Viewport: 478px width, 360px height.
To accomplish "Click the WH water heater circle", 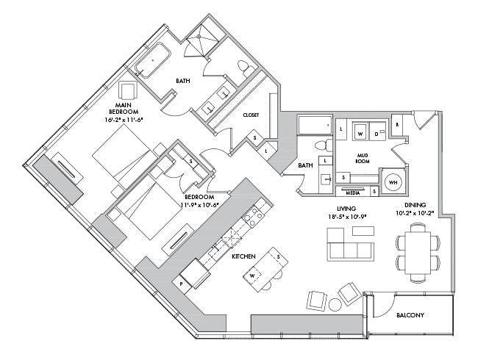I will point(392,181).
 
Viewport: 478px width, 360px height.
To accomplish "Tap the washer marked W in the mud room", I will point(360,133).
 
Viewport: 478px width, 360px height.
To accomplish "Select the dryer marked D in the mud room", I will point(377,134).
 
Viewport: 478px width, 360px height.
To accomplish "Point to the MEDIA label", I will point(353,192).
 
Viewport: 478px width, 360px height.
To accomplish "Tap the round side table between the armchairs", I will point(335,303).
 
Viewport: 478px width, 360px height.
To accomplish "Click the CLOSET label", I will point(251,115).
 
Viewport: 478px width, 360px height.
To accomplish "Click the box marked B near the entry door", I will point(397,125).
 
